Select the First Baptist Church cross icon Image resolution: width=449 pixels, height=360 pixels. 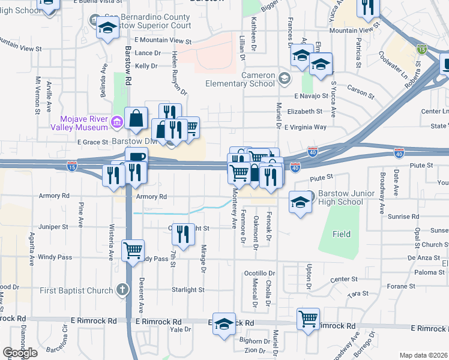[122, 290]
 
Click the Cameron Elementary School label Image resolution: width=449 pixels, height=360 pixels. [241, 79]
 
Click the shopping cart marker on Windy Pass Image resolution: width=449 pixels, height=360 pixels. [133, 250]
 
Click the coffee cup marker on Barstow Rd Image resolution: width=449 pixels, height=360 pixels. [136, 158]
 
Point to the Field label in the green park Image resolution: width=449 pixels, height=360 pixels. [342, 234]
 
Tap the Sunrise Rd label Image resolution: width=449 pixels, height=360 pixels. [403, 216]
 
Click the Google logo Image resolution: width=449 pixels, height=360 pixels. [20, 353]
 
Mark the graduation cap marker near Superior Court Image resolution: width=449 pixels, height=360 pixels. [108, 28]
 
